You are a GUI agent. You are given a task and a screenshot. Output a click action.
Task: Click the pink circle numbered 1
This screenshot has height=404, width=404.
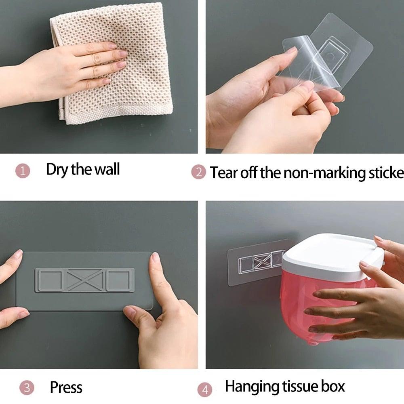pyautogui.click(x=23, y=171)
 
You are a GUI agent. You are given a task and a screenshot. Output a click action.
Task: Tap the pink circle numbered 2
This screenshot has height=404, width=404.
pyautogui.click(x=198, y=173)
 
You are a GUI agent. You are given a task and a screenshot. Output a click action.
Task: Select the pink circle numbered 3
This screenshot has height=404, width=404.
pyautogui.click(x=27, y=388)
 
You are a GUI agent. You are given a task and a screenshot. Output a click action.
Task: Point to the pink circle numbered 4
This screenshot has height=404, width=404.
pyautogui.click(x=205, y=390)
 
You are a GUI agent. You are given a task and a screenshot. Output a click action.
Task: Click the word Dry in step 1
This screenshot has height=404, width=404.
pyautogui.click(x=57, y=169)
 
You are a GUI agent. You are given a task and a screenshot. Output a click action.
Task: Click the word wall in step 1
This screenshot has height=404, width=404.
pyautogui.click(x=107, y=169)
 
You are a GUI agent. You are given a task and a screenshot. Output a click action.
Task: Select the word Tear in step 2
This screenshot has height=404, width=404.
pyautogui.click(x=224, y=173)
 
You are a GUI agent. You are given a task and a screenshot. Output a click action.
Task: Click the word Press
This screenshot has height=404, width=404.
pyautogui.click(x=66, y=387)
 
